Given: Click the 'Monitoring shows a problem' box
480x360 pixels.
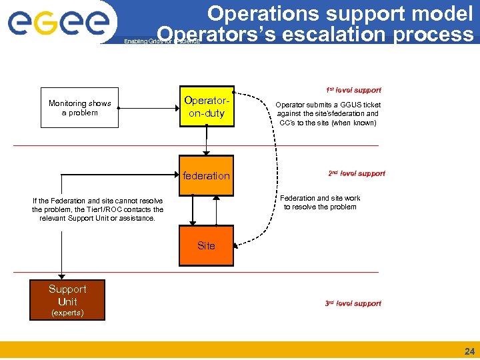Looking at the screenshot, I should pyautogui.click(x=79, y=108).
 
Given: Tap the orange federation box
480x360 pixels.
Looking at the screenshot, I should pyautogui.click(x=207, y=176).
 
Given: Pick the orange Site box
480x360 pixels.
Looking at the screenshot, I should pyautogui.click(x=207, y=246).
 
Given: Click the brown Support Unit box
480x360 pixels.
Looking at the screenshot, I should pyautogui.click(x=67, y=300).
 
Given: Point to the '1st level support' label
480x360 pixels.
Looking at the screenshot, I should pyautogui.click(x=353, y=90).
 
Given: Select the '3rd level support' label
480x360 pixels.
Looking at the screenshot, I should pyautogui.click(x=353, y=303).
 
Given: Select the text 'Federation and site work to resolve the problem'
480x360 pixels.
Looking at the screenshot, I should pyautogui.click(x=320, y=203).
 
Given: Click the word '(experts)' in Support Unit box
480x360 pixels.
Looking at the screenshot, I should pyautogui.click(x=67, y=313).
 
